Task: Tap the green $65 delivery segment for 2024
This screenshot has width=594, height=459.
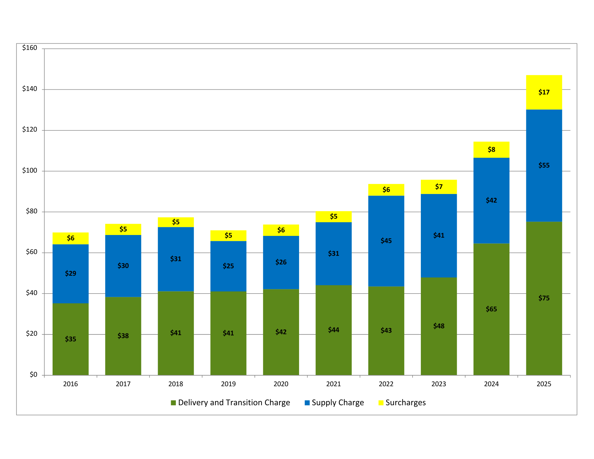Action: (x=491, y=327)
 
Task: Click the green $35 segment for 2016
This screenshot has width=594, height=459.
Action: (x=70, y=354)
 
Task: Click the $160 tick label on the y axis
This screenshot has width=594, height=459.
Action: (x=30, y=48)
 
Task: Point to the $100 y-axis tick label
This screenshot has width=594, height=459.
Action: (x=30, y=171)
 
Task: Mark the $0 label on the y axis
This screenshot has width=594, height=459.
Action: (x=33, y=375)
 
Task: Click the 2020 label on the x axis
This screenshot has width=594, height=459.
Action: (x=281, y=384)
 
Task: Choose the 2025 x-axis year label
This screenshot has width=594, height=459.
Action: (x=544, y=384)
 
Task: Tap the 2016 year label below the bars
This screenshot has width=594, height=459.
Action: (x=70, y=384)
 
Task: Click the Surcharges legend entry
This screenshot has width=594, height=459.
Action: (x=405, y=403)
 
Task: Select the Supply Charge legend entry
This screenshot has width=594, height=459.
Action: (x=337, y=403)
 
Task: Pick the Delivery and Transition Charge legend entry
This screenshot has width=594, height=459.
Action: (x=234, y=403)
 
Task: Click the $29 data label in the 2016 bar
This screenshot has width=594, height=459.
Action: (x=70, y=273)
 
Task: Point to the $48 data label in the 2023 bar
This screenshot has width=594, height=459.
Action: (x=439, y=326)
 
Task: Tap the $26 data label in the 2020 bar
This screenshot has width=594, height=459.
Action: (x=281, y=262)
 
